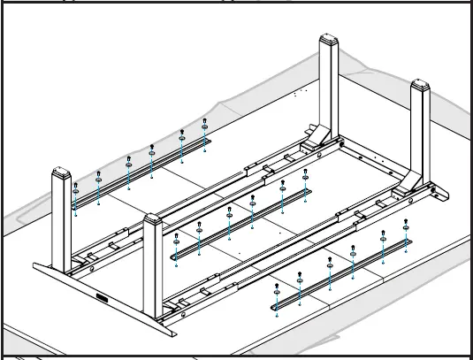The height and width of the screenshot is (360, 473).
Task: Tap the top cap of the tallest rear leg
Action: [x=329, y=43]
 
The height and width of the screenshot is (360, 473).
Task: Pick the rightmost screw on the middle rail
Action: [x=306, y=175]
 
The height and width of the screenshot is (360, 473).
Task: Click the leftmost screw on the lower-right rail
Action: [x=278, y=286]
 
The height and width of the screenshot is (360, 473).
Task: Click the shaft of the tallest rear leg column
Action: [x=329, y=88]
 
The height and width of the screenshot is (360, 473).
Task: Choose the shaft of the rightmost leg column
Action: [x=419, y=133]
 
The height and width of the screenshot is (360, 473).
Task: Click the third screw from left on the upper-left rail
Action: [x=129, y=165]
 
